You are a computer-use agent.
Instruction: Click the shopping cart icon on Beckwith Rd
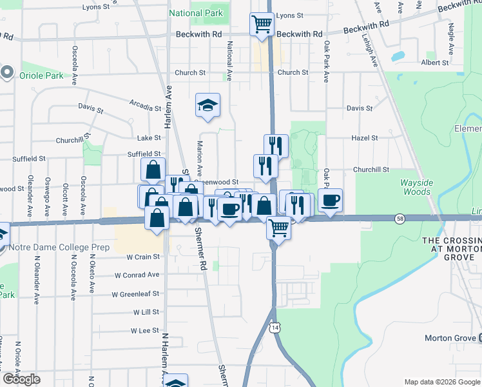[262, 25]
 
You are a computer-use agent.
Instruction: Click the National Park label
[196, 13]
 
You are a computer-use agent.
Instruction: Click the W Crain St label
[142, 257]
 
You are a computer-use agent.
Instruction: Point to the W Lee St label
[145, 330]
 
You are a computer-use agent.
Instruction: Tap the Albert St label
[434, 63]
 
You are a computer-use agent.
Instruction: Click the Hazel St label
[364, 138]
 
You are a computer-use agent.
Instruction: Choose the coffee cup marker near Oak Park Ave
[331, 200]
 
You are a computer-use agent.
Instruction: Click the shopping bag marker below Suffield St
[153, 170]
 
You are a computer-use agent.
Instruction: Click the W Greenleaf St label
[135, 294]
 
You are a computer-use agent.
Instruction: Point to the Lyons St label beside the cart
[289, 15]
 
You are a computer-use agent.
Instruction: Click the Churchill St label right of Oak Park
[371, 170]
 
